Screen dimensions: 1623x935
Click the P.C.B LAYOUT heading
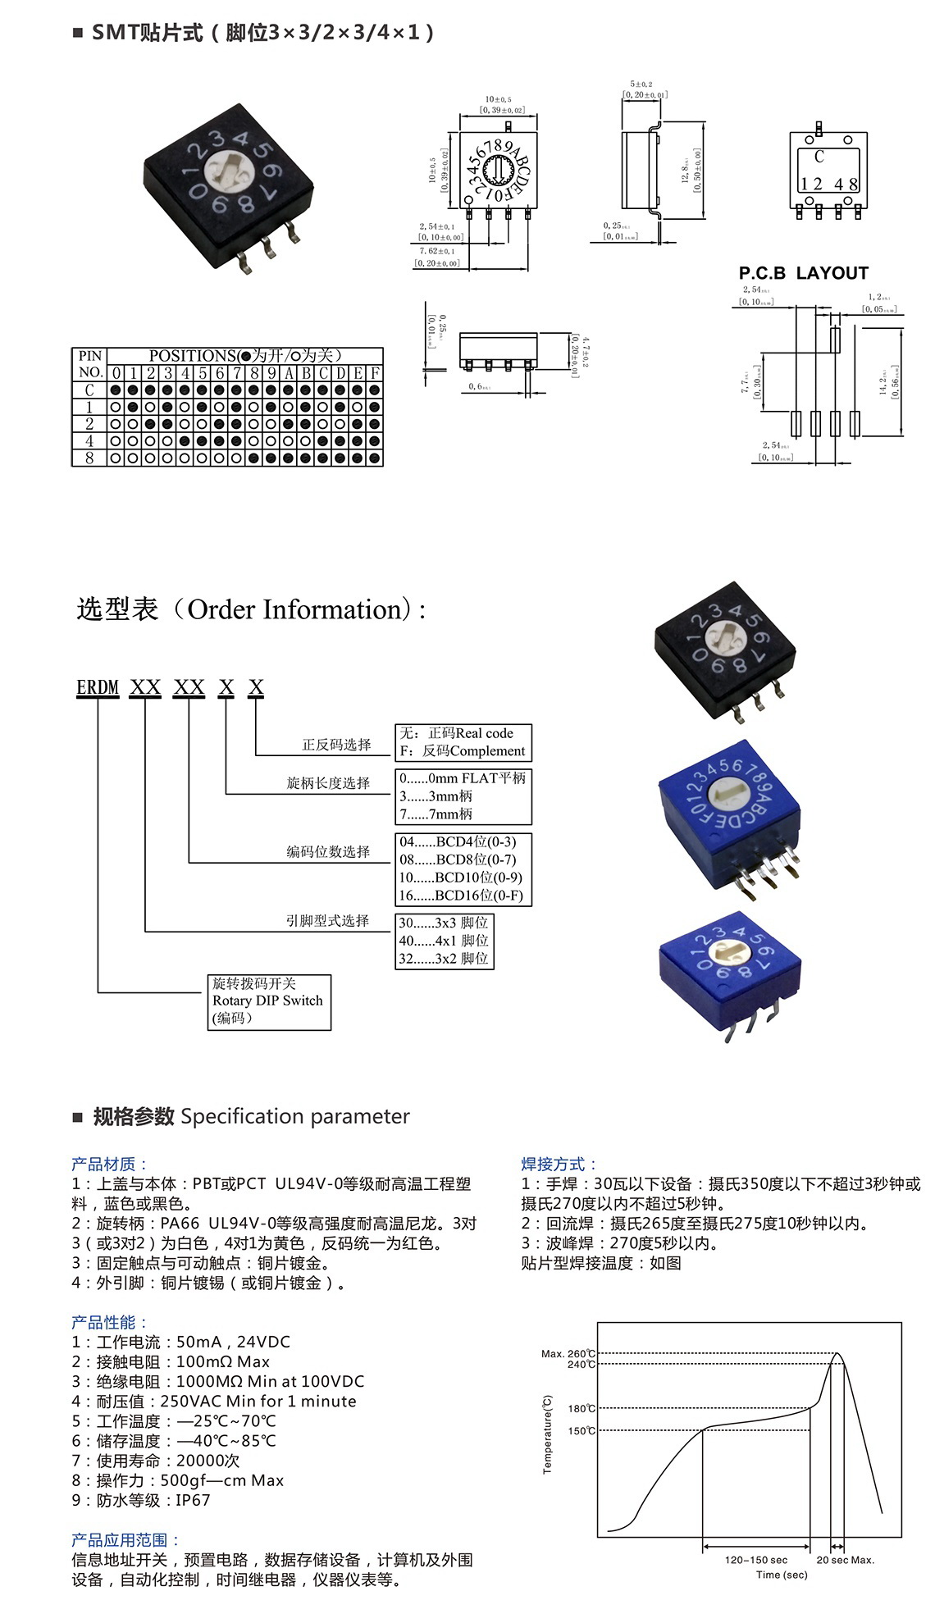[x=803, y=273]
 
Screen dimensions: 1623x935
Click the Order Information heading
[x=250, y=609]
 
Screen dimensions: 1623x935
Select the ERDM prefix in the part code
[x=98, y=687]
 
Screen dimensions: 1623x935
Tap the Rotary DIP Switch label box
[x=269, y=1001]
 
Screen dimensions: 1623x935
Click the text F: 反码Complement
[x=463, y=751]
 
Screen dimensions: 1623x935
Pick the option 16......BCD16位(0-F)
[x=461, y=896]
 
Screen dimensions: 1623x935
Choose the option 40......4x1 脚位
[x=444, y=941]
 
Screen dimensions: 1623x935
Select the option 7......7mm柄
[x=436, y=814]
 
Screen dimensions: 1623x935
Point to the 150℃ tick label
[x=582, y=1431]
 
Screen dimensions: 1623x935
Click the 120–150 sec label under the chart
[x=755, y=1560]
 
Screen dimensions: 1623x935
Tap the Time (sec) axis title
[x=782, y=1575]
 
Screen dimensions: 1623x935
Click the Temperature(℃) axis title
[x=547, y=1435]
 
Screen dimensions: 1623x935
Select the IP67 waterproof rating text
[x=193, y=1500]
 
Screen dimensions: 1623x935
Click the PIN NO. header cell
[x=89, y=364]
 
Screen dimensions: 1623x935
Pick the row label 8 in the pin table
[x=89, y=458]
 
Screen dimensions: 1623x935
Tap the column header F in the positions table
[x=375, y=373]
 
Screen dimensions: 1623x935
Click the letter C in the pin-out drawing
[x=819, y=156]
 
